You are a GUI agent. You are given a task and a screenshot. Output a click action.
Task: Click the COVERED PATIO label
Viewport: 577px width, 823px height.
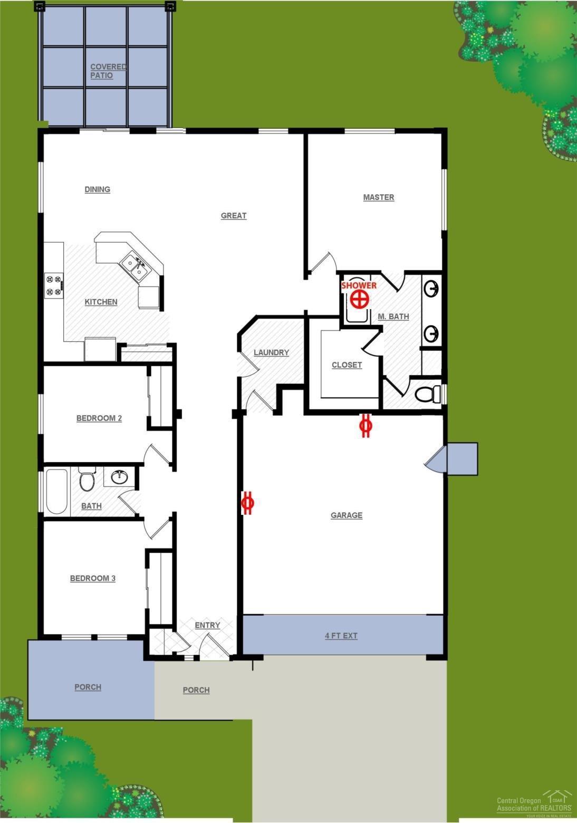pos(108,71)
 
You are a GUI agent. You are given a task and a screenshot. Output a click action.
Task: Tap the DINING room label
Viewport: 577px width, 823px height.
pos(98,189)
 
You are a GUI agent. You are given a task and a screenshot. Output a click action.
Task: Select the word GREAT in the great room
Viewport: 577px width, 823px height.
pos(234,216)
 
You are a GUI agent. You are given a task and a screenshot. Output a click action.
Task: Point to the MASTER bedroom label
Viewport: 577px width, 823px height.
pos(379,197)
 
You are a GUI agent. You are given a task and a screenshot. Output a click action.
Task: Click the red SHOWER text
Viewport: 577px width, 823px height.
pos(359,285)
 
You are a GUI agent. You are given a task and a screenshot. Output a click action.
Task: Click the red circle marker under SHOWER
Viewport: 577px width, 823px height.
pos(359,300)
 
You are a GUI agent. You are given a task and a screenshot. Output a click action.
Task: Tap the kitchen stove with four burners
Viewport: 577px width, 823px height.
pos(54,285)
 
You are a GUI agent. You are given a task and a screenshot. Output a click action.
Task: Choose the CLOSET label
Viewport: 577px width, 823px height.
pos(347,365)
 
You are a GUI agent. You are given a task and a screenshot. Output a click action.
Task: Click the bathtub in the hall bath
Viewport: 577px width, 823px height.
pos(56,491)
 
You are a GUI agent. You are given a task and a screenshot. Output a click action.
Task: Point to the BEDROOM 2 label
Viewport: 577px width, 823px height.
pos(99,418)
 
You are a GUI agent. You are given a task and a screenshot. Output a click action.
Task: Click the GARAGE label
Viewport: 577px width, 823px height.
pos(347,515)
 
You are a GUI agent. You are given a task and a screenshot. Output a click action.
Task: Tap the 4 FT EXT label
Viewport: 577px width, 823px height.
pos(341,636)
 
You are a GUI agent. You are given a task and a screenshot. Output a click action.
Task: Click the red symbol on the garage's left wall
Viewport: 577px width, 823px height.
pos(248,503)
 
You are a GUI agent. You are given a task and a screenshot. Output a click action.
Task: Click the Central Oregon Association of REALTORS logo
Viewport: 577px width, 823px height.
pos(534,803)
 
